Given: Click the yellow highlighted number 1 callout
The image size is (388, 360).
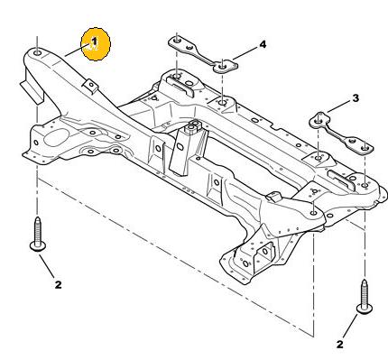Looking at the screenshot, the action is [96, 44].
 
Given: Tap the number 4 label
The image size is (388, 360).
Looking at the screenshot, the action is [263, 44].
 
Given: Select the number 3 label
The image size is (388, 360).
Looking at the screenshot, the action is [356, 98].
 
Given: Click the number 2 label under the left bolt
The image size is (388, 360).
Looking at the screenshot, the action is [58, 284].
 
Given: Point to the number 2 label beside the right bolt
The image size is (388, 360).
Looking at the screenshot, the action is [340, 345].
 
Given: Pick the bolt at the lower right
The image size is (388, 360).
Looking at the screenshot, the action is [365, 297].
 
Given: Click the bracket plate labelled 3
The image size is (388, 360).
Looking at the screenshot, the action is [341, 133].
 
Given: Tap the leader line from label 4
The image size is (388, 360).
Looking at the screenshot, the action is [245, 53].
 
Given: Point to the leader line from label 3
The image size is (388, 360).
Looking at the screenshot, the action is [339, 106].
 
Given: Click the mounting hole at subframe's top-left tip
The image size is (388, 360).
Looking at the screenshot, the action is [37, 53].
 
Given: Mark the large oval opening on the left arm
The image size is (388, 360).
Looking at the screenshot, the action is [56, 137].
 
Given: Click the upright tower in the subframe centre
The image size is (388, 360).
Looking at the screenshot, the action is [188, 147].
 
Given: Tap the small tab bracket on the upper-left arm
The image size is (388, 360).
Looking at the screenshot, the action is [91, 86].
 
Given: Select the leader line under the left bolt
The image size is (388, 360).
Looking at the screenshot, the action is [47, 266].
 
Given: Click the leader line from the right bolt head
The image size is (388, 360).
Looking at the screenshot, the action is [350, 326].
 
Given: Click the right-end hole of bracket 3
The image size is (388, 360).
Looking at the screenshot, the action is [365, 148].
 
